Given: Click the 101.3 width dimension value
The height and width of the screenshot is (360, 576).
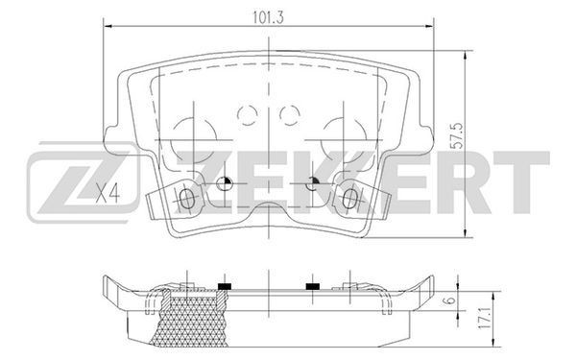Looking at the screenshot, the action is [269, 17].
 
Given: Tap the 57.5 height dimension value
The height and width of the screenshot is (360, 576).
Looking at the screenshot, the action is [457, 136].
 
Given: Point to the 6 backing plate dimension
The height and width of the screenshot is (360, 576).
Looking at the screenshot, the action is [451, 300].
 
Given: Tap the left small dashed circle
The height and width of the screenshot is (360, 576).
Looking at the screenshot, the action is [248, 114].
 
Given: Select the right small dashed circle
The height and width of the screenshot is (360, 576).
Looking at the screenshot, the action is [290, 114].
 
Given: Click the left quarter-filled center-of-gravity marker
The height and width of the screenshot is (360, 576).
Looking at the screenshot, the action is [224, 183].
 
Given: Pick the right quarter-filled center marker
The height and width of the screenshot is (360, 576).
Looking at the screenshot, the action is [313, 183].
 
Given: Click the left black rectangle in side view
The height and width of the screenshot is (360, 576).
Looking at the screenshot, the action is [225, 286].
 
